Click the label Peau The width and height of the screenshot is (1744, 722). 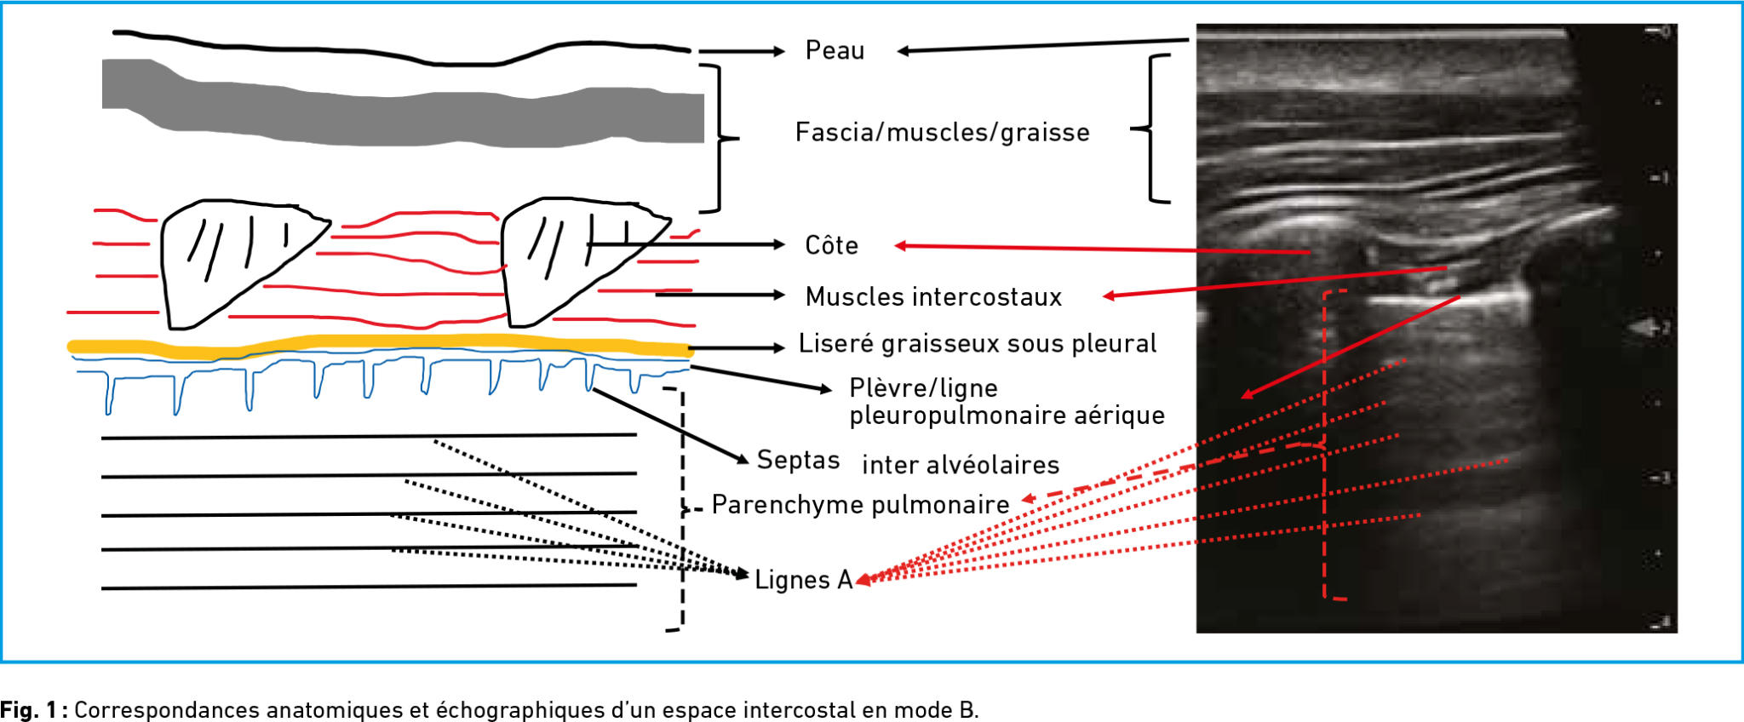click(835, 50)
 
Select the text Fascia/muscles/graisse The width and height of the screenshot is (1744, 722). click(942, 132)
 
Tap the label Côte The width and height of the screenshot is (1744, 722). click(831, 245)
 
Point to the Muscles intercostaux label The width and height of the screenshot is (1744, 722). click(933, 296)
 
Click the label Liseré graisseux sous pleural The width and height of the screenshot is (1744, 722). click(977, 343)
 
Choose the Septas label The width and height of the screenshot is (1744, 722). click(798, 460)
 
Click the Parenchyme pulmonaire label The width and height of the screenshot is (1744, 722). click(860, 504)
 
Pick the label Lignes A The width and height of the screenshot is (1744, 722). click(803, 580)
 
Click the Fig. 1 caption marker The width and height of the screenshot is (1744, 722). click(34, 709)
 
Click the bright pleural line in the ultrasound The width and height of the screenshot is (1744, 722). click(1448, 299)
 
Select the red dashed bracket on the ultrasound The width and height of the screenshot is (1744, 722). click(1325, 443)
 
